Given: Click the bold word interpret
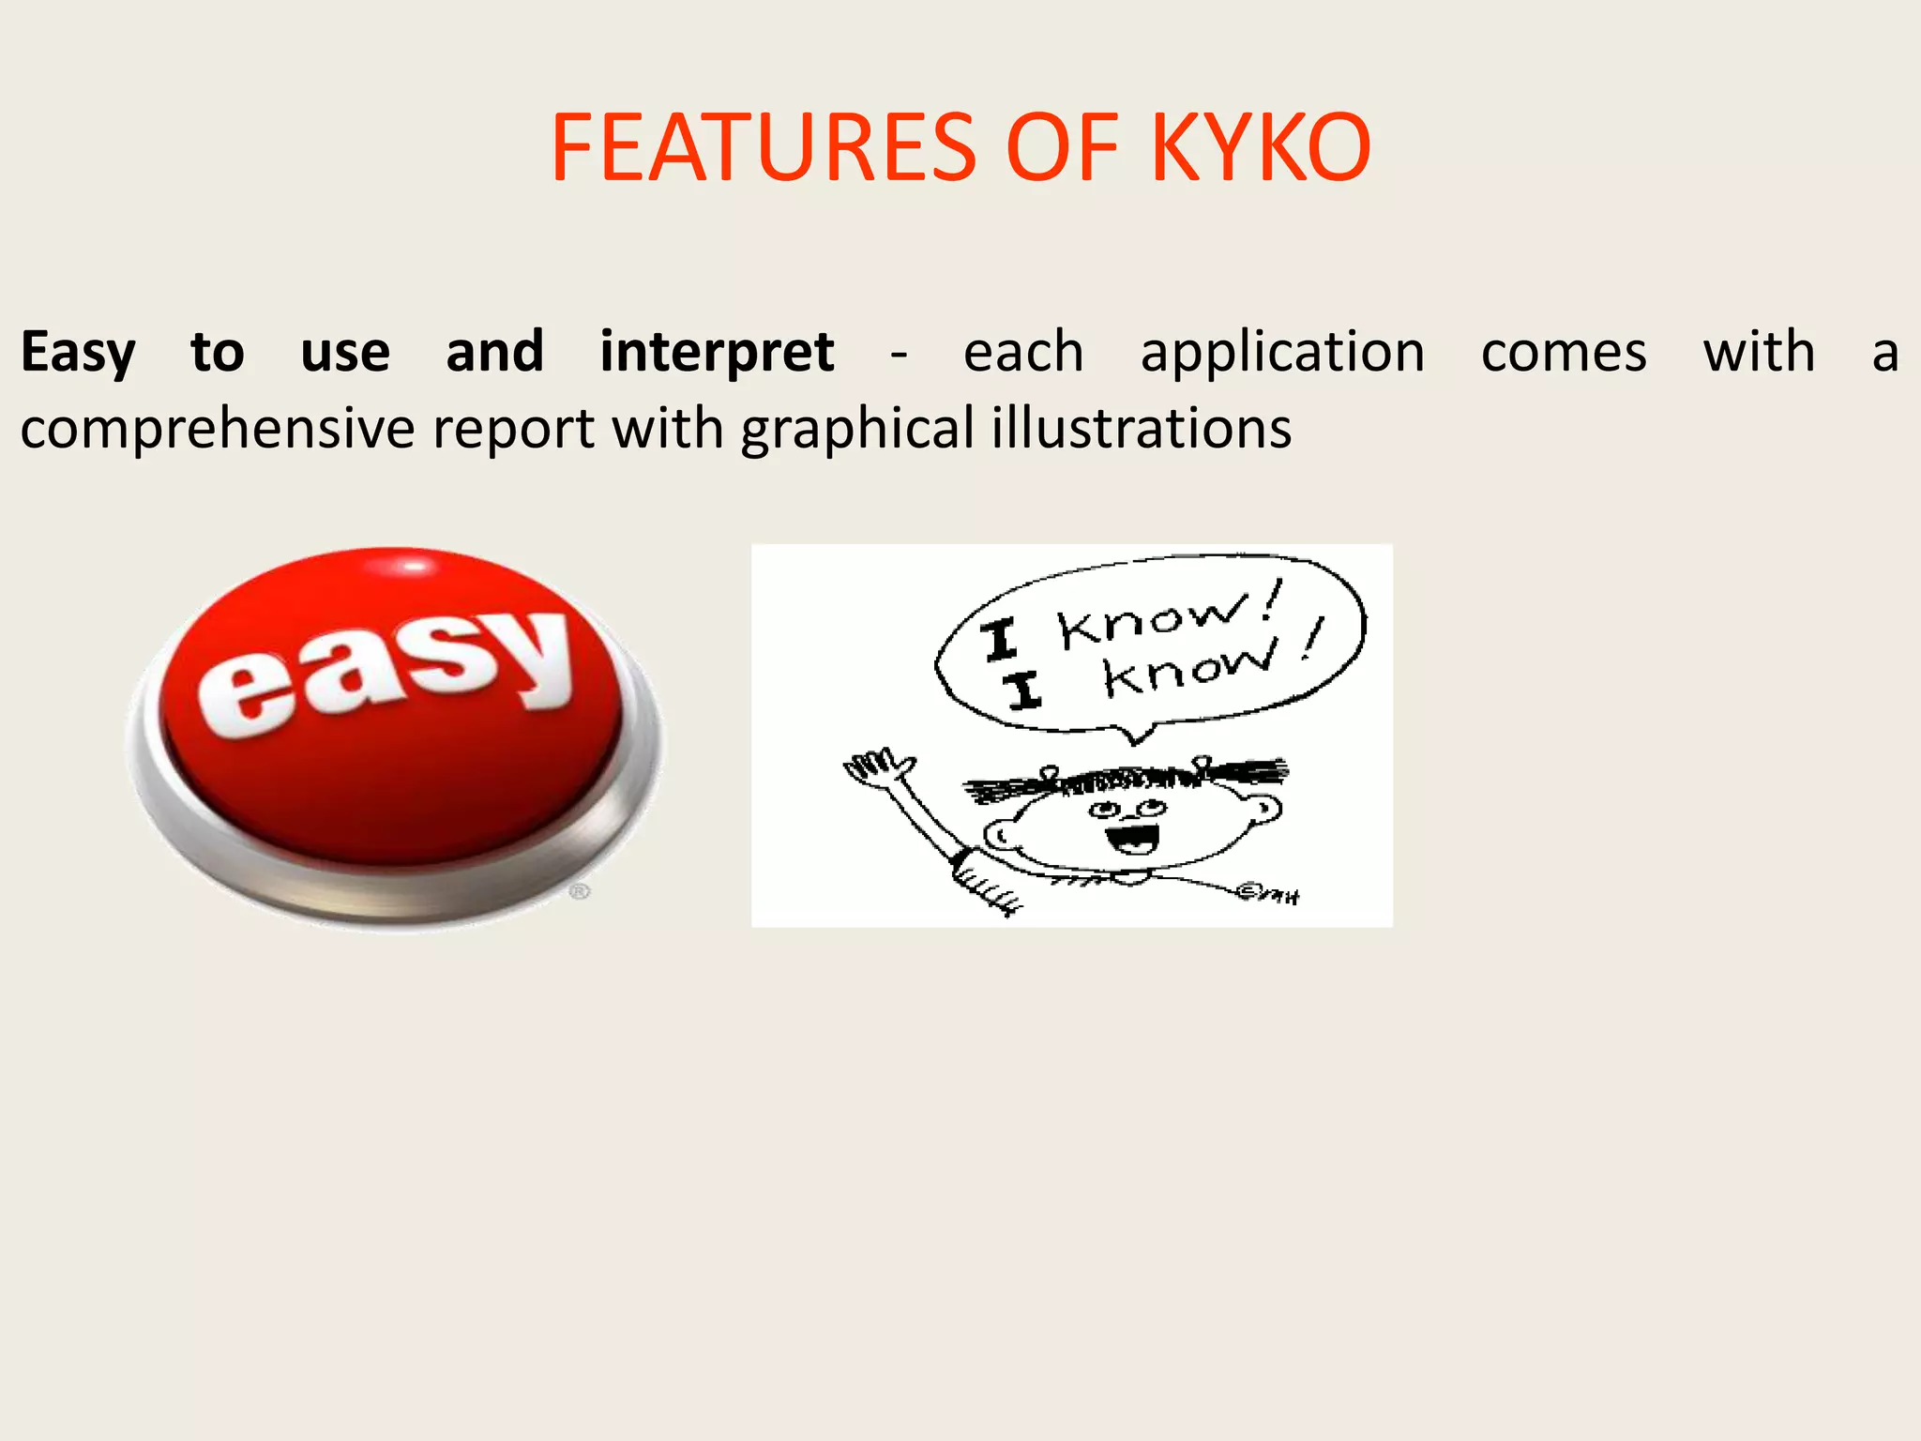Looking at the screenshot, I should click(x=717, y=353).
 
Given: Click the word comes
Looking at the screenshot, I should click(x=1564, y=353).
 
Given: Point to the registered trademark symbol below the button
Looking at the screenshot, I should click(x=580, y=890).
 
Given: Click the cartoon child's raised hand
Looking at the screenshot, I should click(x=877, y=766).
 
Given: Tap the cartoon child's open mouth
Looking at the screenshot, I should click(x=1132, y=838).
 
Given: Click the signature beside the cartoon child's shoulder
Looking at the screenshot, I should click(x=1267, y=893).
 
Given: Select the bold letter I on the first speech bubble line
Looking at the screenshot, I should click(x=1000, y=641).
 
